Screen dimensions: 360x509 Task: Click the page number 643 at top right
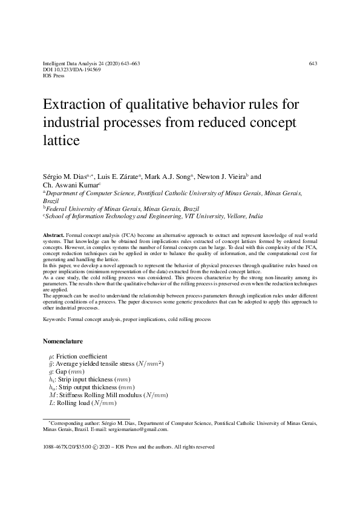point(313,63)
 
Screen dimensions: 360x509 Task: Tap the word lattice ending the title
point(61,140)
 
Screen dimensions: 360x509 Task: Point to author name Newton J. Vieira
point(221,177)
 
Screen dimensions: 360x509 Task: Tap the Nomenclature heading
point(67,342)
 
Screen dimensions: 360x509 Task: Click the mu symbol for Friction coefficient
point(51,356)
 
